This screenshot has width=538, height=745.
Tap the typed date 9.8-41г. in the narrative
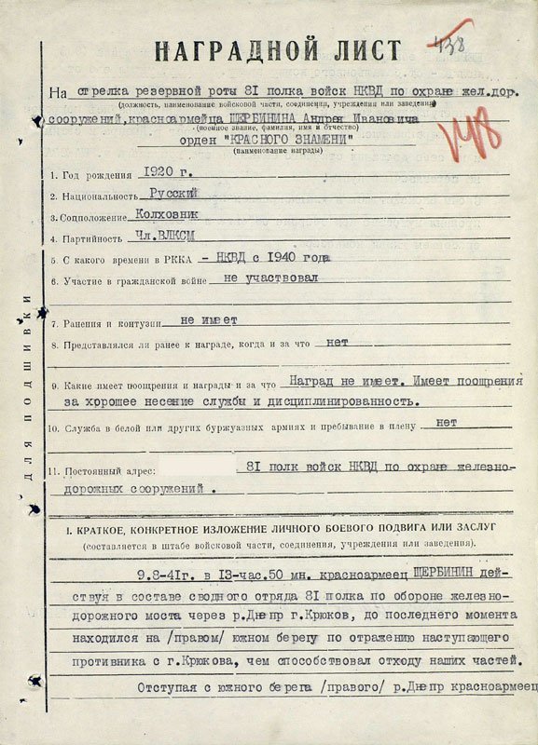[165, 572]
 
